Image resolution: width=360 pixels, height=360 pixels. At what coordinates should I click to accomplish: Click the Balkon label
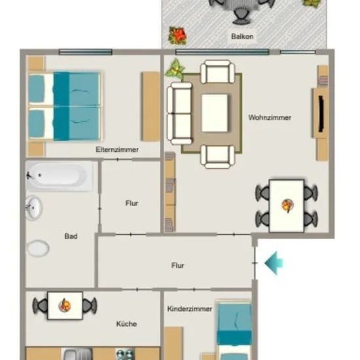click(242, 37)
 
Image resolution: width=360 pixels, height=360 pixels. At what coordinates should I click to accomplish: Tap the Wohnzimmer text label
click(270, 118)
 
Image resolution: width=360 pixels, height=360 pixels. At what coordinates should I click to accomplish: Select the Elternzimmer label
click(117, 150)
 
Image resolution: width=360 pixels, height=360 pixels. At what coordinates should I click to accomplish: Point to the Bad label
click(71, 236)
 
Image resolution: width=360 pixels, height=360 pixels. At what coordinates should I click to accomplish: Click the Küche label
click(126, 324)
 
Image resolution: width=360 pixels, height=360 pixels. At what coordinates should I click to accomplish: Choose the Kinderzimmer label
click(190, 309)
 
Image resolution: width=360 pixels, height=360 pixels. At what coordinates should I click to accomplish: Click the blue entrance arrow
click(274, 263)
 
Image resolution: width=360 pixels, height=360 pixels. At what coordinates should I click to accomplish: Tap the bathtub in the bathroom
click(59, 176)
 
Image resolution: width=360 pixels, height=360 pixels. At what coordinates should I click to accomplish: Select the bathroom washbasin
click(34, 208)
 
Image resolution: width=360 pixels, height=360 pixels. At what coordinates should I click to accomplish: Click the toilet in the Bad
click(38, 248)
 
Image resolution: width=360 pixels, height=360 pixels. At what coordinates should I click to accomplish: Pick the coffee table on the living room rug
click(215, 113)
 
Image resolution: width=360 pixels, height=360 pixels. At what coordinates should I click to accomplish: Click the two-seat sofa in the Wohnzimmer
click(179, 114)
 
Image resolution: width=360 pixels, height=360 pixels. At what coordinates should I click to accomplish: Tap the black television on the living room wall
click(321, 114)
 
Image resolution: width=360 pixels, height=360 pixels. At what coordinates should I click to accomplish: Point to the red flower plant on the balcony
click(177, 35)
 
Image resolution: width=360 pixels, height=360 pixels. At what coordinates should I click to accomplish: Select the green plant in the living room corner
click(175, 68)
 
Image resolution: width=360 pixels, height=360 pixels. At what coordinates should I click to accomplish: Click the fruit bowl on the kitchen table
click(65, 306)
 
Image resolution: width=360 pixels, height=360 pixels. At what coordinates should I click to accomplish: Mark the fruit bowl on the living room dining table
click(287, 205)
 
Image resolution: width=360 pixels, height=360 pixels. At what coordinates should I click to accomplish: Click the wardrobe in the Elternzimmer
click(151, 107)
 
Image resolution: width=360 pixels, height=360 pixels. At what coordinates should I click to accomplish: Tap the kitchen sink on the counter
click(77, 354)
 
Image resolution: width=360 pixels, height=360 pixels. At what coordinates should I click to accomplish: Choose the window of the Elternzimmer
click(86, 52)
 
